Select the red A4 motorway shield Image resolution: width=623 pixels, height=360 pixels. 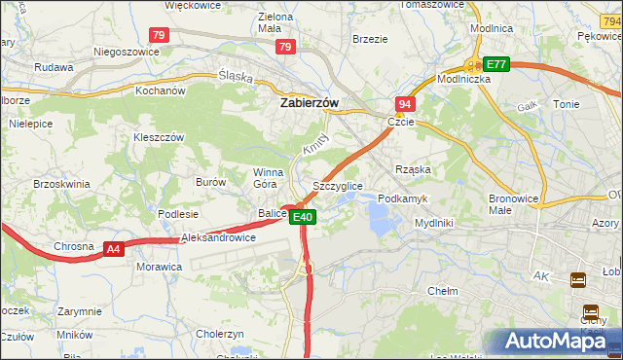pyautogui.click(x=114, y=250)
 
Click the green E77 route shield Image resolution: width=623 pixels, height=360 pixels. pyautogui.click(x=496, y=64)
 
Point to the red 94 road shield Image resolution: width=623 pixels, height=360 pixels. pyautogui.click(x=405, y=103)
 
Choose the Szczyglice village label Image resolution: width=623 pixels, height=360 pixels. pyautogui.click(x=337, y=185)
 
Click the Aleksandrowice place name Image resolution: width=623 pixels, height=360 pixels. pyautogui.click(x=219, y=237)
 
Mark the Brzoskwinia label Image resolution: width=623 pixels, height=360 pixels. pyautogui.click(x=62, y=183)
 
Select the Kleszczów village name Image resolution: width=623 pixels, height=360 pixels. pyautogui.click(x=159, y=137)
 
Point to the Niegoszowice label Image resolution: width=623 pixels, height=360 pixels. pyautogui.click(x=126, y=52)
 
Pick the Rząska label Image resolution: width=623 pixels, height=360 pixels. pyautogui.click(x=413, y=168)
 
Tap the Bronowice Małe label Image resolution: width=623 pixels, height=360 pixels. pyautogui.click(x=513, y=203)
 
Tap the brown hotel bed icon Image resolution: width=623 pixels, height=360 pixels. pyautogui.click(x=578, y=280)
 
